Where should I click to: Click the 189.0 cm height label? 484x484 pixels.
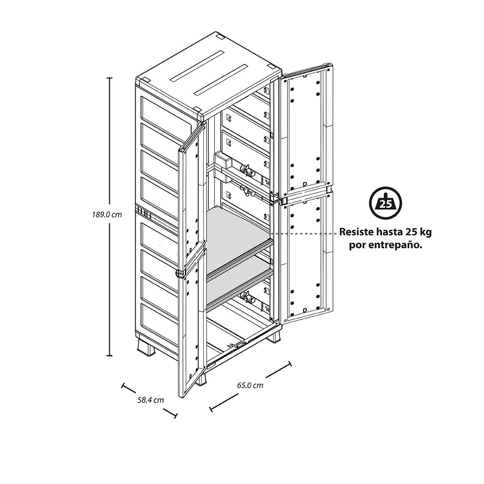tap(107, 214)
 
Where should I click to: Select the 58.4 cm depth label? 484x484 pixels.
tap(151, 400)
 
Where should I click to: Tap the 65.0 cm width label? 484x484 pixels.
tap(250, 385)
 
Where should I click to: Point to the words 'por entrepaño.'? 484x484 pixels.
tap(386, 246)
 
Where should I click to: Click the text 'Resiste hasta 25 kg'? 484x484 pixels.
tap(386, 232)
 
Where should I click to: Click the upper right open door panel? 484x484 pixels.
tap(307, 132)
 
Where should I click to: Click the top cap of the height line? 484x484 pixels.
tap(109, 78)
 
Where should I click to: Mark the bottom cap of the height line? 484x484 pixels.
tap(109, 356)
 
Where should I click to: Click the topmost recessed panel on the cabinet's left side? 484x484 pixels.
tap(159, 116)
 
